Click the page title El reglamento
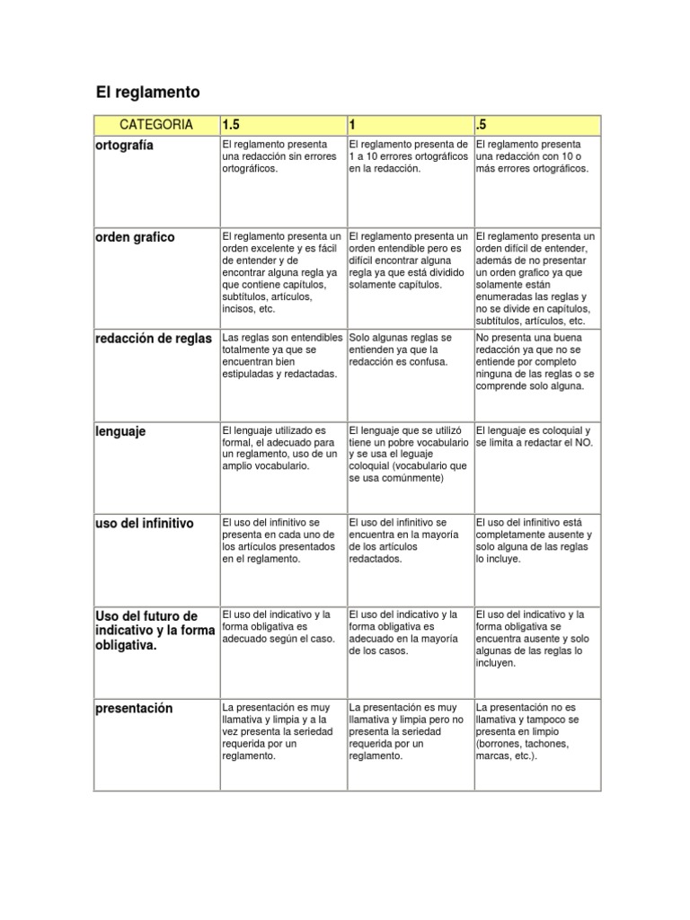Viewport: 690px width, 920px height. [147, 93]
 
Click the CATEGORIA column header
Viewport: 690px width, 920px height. [156, 124]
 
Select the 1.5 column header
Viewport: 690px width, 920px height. [232, 124]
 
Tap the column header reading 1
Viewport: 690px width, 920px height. [353, 124]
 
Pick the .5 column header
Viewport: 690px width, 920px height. [481, 124]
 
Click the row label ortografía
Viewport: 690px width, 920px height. [124, 145]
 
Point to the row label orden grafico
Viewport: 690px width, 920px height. [135, 237]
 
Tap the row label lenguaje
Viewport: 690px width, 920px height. [121, 432]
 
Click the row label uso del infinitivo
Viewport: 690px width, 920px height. [144, 523]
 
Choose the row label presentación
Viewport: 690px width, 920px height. [134, 709]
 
